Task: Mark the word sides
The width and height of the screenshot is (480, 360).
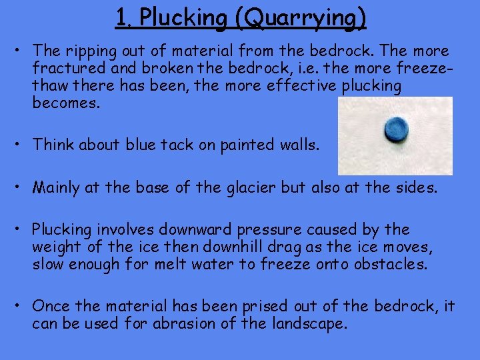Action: (x=413, y=188)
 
